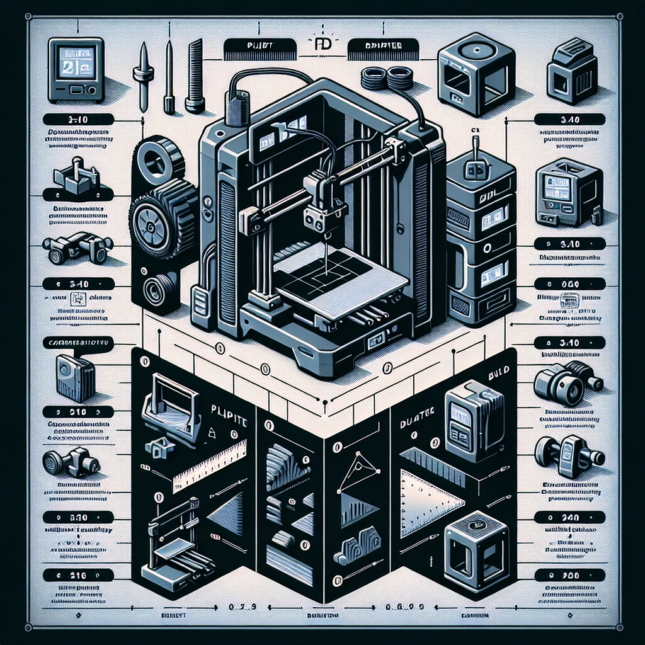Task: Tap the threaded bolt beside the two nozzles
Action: click(195, 76)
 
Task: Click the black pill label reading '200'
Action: click(569, 575)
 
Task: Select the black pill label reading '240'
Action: click(569, 517)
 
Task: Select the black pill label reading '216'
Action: click(79, 575)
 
